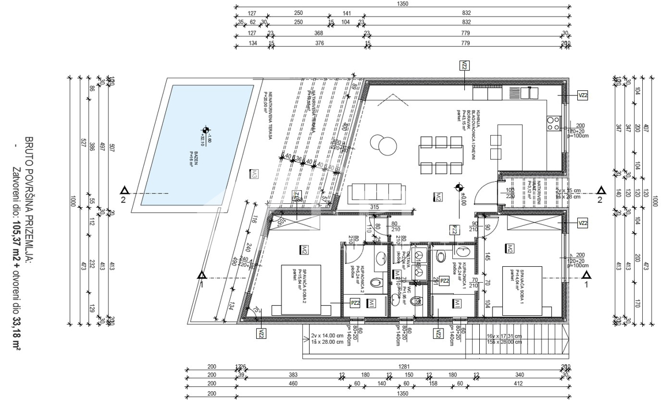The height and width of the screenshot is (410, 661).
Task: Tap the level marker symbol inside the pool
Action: [205, 130]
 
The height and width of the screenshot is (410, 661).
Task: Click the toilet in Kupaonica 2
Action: [376, 283]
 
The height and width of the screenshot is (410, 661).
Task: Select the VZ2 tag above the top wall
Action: [465, 66]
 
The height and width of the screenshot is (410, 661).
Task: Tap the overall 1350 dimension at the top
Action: [402, 4]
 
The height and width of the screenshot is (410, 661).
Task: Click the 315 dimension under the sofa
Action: [375, 207]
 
